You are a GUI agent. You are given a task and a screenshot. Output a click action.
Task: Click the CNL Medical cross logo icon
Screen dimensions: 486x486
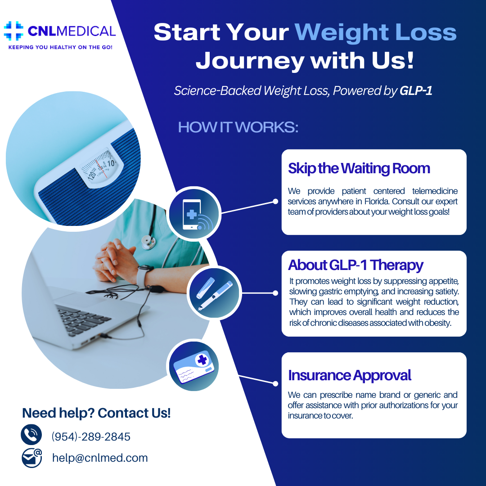point(13,31)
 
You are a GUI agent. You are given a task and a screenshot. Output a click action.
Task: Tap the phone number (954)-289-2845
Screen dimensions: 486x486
point(91,436)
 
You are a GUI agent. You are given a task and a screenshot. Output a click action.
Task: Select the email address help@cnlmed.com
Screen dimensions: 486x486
point(100,458)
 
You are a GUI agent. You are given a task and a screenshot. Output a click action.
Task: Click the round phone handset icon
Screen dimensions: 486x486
point(31,435)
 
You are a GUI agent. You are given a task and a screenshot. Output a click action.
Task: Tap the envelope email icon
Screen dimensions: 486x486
point(31,458)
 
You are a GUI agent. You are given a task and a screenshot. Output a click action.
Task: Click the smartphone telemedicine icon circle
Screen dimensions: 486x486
point(193,214)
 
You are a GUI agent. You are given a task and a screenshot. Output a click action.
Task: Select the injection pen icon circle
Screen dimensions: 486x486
point(214,293)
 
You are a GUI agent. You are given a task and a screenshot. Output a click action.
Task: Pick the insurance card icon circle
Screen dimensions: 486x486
point(194,366)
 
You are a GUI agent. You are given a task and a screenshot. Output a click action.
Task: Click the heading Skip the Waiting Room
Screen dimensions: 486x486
point(359,168)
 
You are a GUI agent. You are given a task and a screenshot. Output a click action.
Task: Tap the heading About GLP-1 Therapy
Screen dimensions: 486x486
point(355,265)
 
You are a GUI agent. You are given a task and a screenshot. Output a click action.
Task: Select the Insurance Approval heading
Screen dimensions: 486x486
point(350,375)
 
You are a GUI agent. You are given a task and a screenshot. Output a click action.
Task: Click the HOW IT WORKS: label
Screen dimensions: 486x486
point(238,127)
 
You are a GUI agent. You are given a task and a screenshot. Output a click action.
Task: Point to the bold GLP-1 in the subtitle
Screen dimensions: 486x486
point(416,90)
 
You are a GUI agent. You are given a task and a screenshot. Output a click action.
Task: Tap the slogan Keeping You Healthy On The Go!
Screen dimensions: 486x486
point(60,47)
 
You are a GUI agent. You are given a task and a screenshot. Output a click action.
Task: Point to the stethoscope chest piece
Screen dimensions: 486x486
point(148,242)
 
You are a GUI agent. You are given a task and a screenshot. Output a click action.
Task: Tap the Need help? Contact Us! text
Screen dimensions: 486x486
point(96,413)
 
